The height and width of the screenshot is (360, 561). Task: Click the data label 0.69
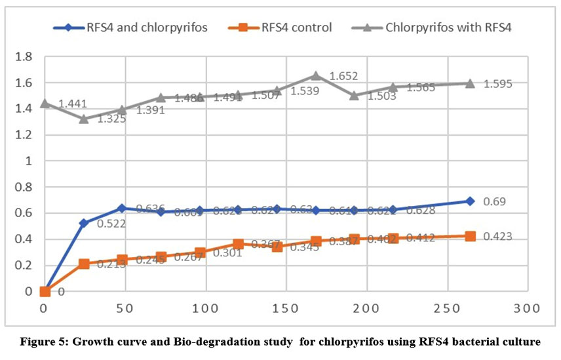pos(495,201)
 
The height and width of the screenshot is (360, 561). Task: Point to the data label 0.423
pos(497,237)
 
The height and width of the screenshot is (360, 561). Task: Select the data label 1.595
pos(498,84)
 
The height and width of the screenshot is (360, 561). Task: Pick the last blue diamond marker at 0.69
pos(470,201)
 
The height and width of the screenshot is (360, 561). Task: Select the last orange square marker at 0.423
pos(470,236)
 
